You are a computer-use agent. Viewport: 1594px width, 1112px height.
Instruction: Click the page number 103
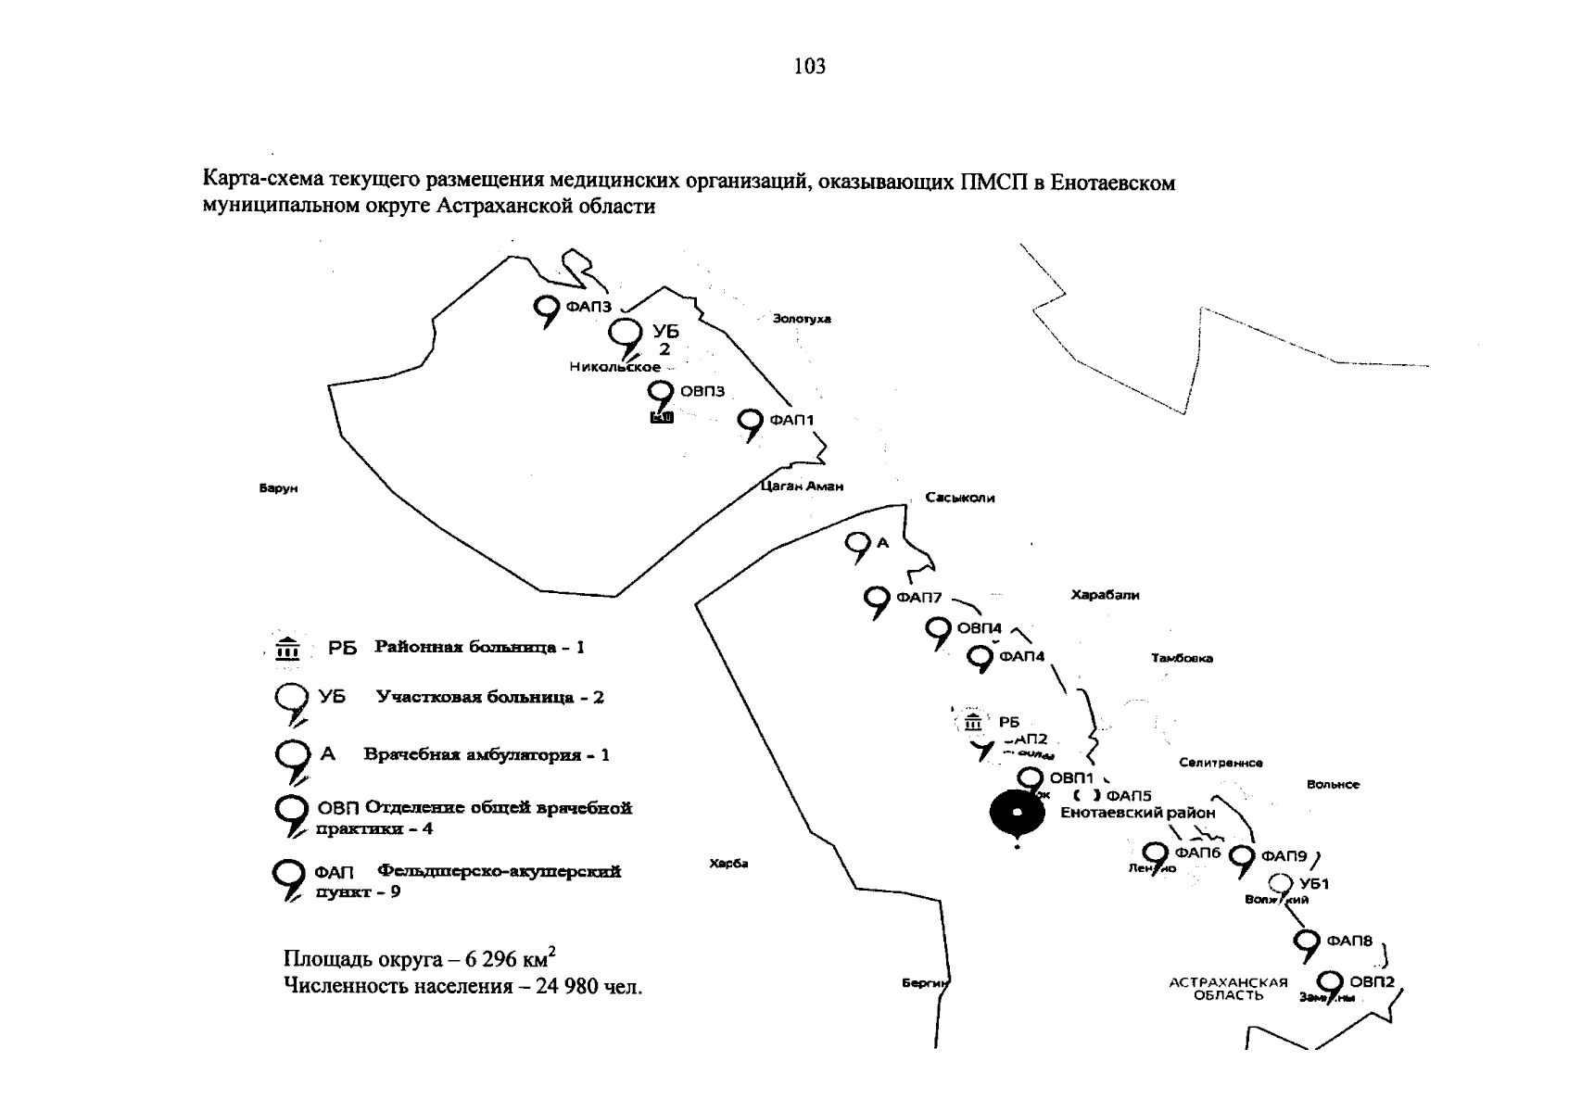(809, 66)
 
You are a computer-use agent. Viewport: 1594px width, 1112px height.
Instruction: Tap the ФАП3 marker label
(588, 307)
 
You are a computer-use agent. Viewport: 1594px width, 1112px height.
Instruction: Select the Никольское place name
(614, 367)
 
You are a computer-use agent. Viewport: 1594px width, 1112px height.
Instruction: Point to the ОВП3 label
(702, 391)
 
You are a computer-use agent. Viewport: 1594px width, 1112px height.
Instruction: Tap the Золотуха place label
(802, 319)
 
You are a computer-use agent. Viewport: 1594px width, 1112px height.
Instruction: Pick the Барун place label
(278, 488)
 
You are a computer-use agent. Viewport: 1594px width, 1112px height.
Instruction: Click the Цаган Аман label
(802, 486)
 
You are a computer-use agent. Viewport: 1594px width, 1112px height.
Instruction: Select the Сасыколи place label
(959, 498)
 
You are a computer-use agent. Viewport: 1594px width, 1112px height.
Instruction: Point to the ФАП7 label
(918, 598)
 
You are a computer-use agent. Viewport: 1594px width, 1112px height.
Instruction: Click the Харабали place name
(1105, 595)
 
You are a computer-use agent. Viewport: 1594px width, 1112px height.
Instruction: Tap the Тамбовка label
(1182, 658)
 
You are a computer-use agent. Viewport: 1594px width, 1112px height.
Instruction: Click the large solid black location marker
(1017, 814)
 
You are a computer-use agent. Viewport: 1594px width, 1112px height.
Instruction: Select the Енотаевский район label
(1137, 813)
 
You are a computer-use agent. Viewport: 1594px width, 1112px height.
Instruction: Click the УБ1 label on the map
(1314, 884)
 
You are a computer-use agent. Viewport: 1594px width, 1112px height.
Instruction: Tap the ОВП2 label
(1372, 981)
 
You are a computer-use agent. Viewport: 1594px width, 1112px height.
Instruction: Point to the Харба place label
(727, 864)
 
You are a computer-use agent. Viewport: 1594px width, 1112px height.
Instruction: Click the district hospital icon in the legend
(288, 649)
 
